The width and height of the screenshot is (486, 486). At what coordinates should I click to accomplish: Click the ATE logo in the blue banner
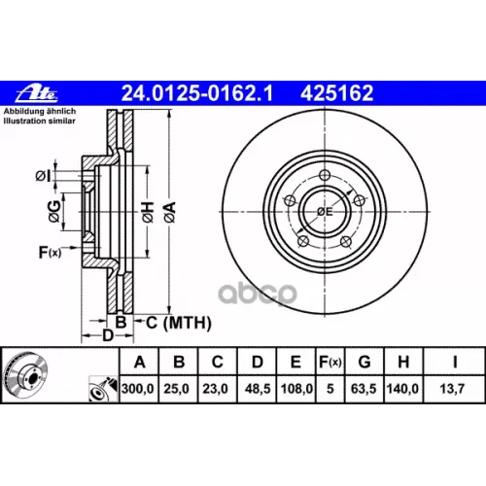(37, 93)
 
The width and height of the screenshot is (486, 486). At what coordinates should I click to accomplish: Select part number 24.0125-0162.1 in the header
(197, 93)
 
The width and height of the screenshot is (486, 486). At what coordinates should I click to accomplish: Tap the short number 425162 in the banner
(337, 93)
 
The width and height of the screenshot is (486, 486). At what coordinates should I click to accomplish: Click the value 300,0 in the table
(138, 389)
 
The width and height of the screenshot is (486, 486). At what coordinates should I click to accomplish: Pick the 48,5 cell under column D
(258, 389)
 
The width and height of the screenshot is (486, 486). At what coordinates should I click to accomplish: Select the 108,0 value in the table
(296, 389)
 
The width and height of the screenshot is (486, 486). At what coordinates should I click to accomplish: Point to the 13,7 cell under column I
(452, 389)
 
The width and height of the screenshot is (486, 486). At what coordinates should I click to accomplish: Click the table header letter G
(364, 362)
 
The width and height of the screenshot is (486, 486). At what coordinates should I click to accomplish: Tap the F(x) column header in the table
(330, 362)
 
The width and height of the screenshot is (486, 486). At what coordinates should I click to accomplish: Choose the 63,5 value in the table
(364, 389)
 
